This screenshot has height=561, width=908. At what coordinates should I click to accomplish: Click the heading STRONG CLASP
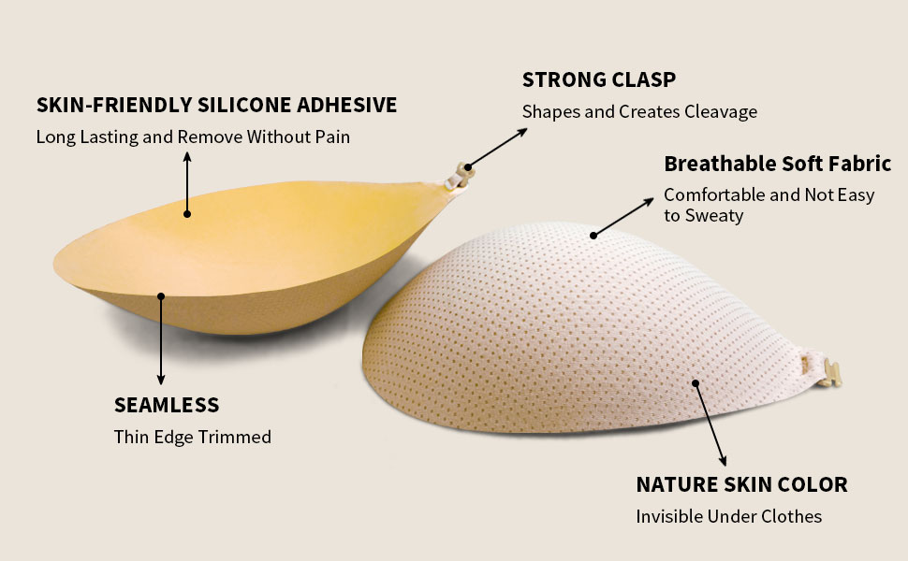(598, 79)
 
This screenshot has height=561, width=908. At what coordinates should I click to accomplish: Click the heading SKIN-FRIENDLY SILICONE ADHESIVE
(216, 105)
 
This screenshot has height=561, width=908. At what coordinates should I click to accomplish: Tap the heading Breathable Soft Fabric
(777, 164)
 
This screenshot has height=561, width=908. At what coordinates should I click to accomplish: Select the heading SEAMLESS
(167, 405)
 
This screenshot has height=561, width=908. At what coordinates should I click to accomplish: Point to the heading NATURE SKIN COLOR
(741, 484)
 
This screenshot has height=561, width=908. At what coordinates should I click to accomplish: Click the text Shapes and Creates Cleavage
(639, 111)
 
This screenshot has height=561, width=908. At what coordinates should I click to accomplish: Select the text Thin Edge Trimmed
(192, 437)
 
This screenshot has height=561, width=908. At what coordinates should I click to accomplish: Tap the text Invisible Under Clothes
(728, 516)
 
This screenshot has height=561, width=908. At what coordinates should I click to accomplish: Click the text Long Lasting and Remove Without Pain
(193, 137)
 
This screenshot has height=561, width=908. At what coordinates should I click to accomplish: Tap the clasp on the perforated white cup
(823, 371)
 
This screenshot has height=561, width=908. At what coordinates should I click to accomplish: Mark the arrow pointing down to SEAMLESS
(161, 341)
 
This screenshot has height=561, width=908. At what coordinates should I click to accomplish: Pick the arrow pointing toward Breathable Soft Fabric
(623, 216)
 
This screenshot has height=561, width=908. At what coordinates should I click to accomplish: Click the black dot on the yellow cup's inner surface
(187, 213)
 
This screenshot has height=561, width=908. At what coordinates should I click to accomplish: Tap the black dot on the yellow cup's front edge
(161, 296)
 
